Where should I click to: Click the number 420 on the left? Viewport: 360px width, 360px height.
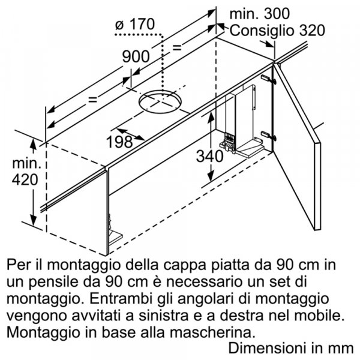[x=23, y=179]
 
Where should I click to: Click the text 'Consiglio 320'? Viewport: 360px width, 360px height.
[x=277, y=31]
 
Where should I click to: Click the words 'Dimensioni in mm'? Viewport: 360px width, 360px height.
[x=293, y=347]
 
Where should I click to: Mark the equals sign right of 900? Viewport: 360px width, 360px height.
[x=177, y=46]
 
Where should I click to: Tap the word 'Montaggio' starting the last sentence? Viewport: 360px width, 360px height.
[x=37, y=331]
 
